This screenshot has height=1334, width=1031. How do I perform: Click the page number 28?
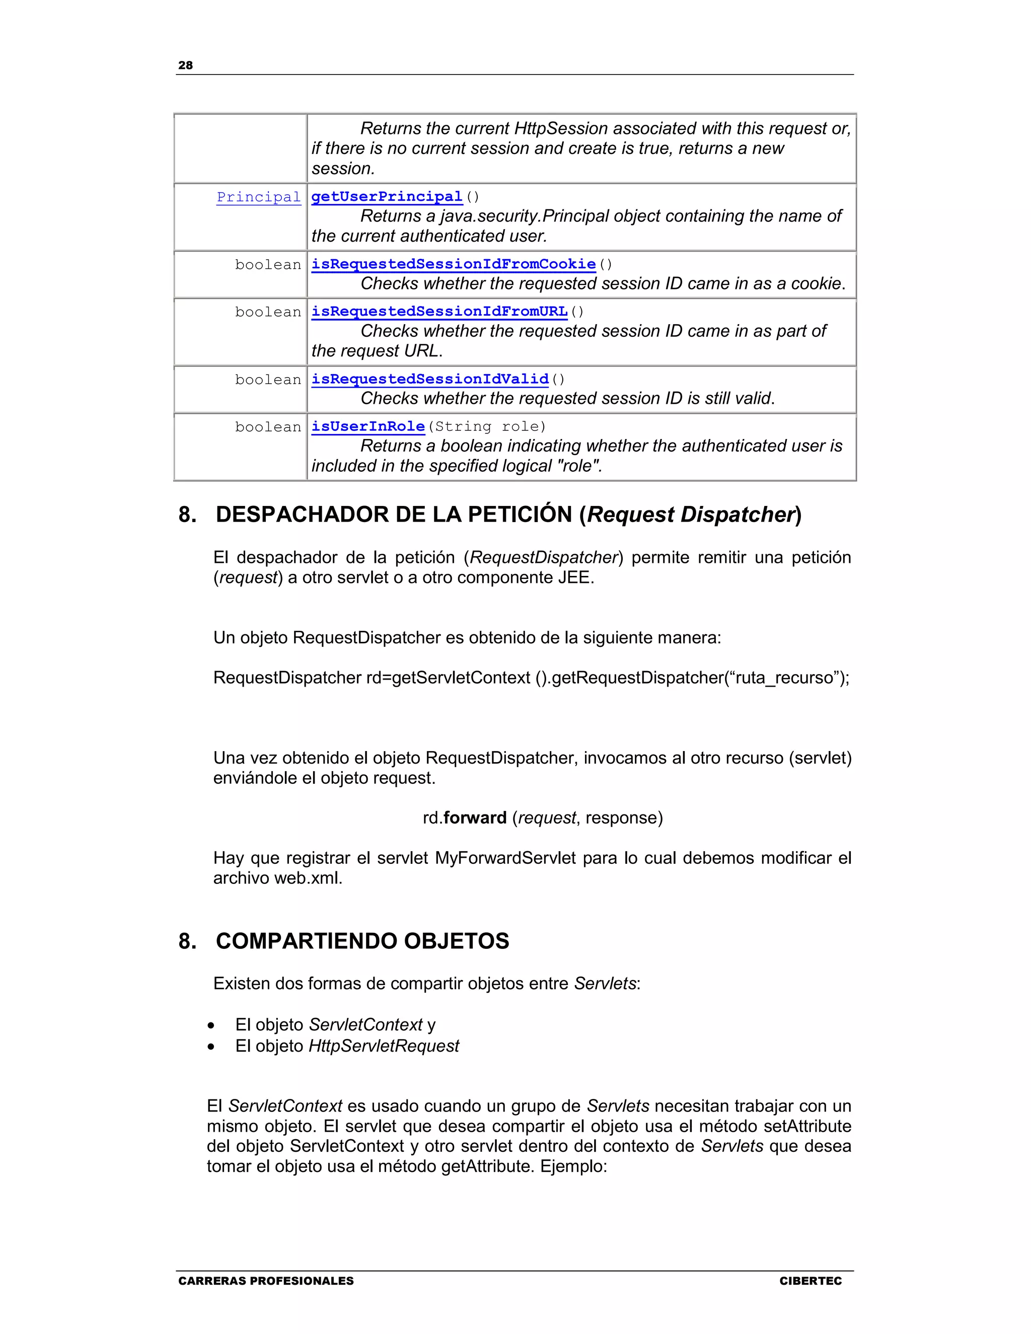click(185, 65)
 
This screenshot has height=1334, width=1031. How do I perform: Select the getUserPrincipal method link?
click(387, 197)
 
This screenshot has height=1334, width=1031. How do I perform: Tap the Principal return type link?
click(258, 197)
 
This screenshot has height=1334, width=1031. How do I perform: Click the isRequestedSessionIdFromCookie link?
click(453, 264)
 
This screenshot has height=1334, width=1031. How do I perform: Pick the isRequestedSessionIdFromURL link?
click(439, 312)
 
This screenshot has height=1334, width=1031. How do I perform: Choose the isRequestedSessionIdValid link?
click(430, 380)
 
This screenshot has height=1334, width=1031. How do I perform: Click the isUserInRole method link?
click(367, 426)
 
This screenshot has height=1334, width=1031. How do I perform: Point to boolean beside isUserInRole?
click(268, 427)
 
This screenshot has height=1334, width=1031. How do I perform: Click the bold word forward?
click(475, 818)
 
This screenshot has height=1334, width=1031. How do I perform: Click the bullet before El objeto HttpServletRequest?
click(211, 1047)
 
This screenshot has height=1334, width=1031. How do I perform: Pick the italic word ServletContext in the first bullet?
click(365, 1025)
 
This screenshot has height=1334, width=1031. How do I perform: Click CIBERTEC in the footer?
click(810, 1281)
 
